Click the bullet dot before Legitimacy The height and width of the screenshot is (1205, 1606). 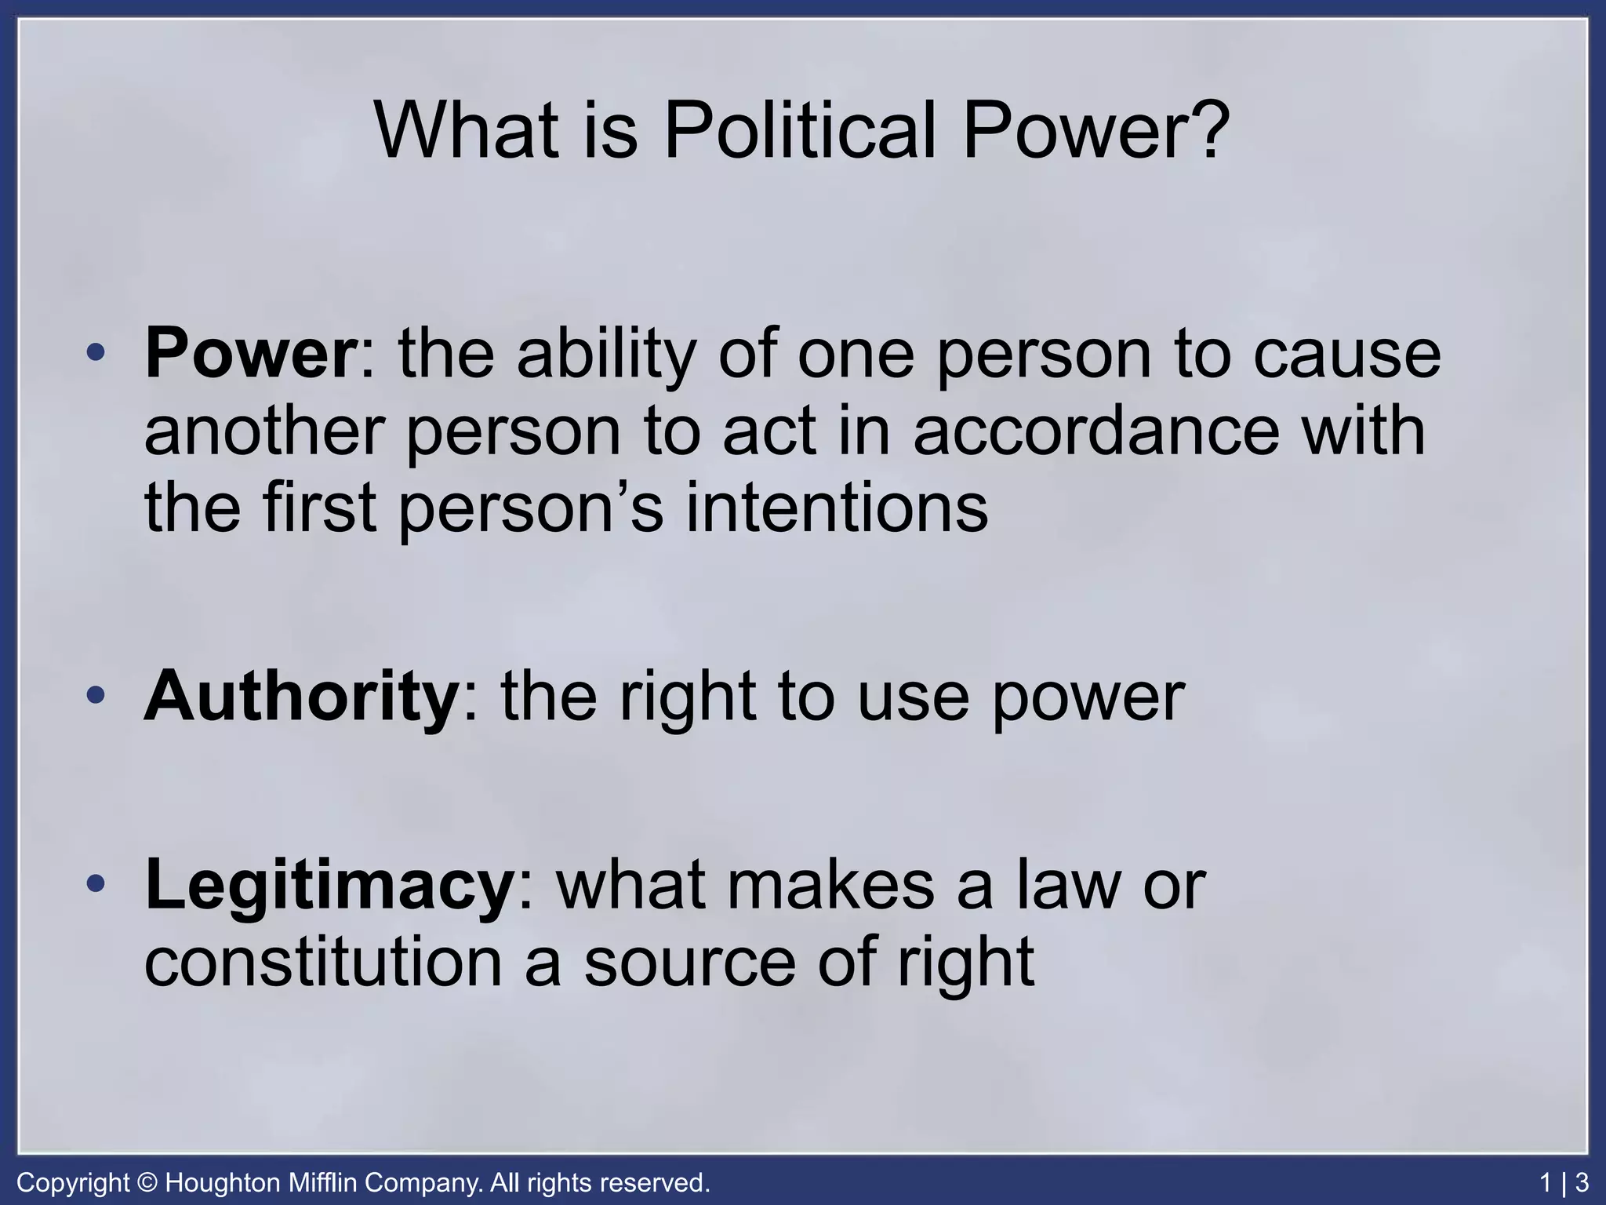click(x=96, y=885)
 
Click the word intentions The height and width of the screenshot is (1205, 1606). click(x=837, y=508)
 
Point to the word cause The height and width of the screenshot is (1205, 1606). click(x=1346, y=355)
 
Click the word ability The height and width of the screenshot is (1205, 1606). click(x=606, y=355)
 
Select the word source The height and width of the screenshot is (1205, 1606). click(x=690, y=963)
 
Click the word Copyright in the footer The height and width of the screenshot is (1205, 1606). click(x=73, y=1182)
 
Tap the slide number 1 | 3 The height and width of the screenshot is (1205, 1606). click(x=1564, y=1182)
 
